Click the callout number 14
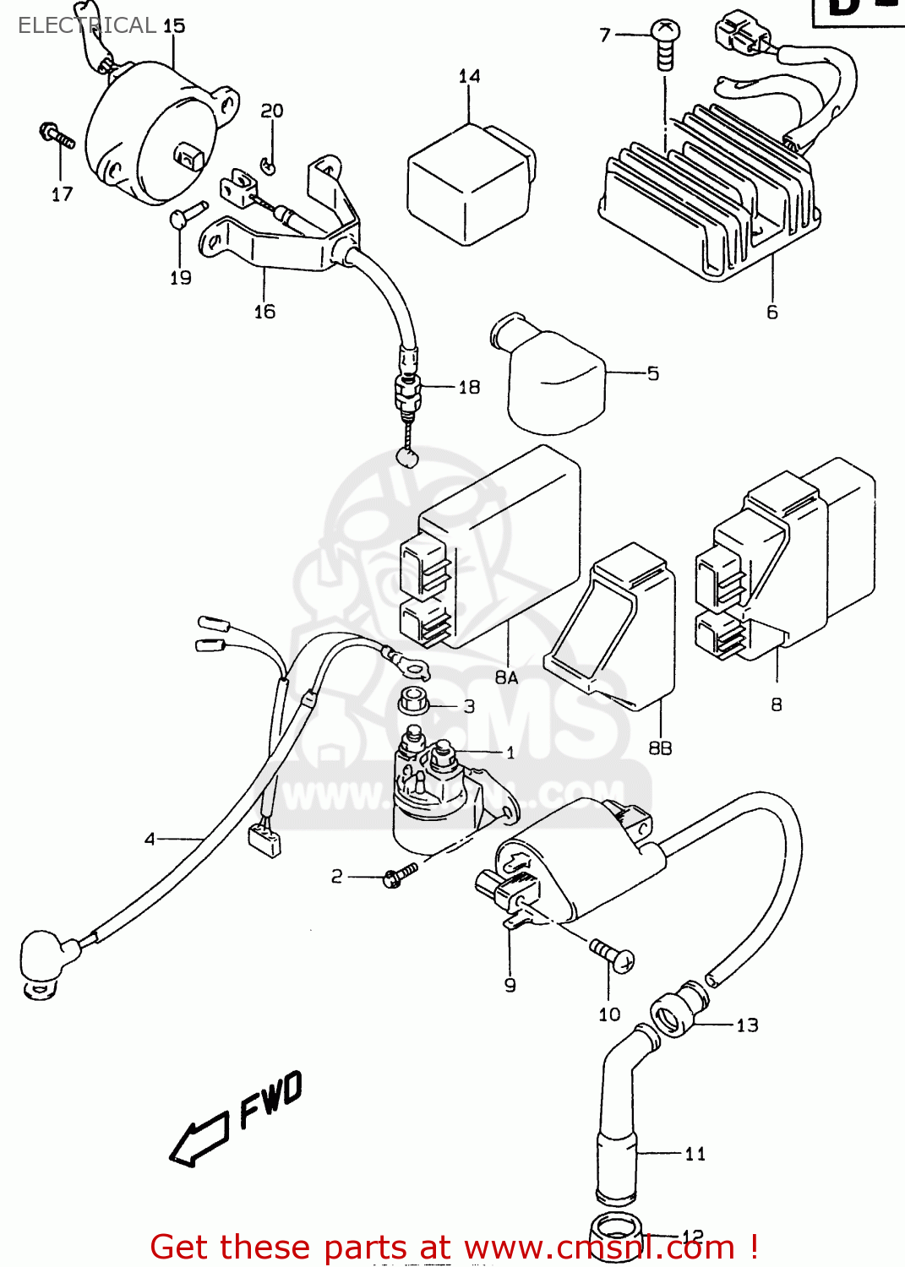click(469, 77)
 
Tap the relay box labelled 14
click(468, 185)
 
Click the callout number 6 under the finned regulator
click(771, 313)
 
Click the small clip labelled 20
click(269, 164)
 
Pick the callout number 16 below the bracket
click(264, 312)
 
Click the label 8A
click(506, 677)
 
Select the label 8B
click(660, 748)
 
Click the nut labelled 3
click(413, 701)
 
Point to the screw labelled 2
click(399, 874)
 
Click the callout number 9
click(510, 985)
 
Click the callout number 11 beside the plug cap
click(695, 1154)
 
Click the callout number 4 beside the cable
click(150, 839)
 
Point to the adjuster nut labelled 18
click(408, 392)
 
